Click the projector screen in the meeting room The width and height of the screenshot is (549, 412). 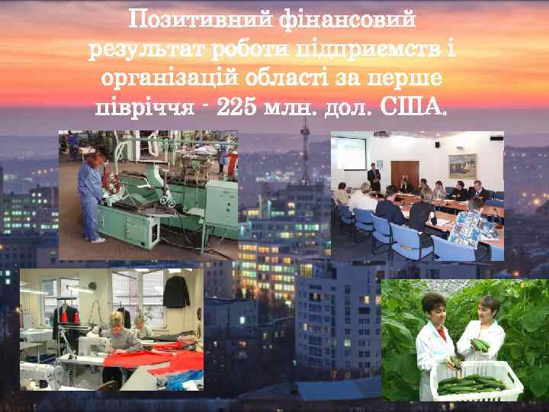point(348,152)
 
